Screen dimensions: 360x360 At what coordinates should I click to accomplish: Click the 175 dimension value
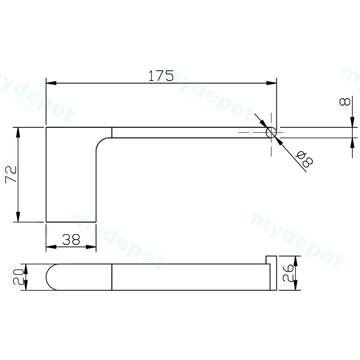pyautogui.click(x=161, y=76)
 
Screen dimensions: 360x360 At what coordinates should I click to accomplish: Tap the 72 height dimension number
pyautogui.click(x=11, y=174)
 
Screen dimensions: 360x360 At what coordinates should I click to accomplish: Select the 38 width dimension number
pyautogui.click(x=71, y=239)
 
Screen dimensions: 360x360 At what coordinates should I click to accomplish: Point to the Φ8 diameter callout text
pyautogui.click(x=305, y=159)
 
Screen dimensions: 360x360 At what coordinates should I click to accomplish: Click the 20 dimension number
pyautogui.click(x=18, y=277)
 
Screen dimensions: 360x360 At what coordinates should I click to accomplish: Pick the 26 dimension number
pyautogui.click(x=288, y=273)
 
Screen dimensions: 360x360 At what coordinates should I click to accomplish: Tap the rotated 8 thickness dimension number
pyautogui.click(x=345, y=102)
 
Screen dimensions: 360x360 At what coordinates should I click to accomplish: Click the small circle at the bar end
pyautogui.click(x=271, y=133)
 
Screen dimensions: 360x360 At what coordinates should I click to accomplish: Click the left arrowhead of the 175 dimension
pyautogui.click(x=51, y=83)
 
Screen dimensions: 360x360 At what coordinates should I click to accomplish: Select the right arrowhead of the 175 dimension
pyautogui.click(x=272, y=83)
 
